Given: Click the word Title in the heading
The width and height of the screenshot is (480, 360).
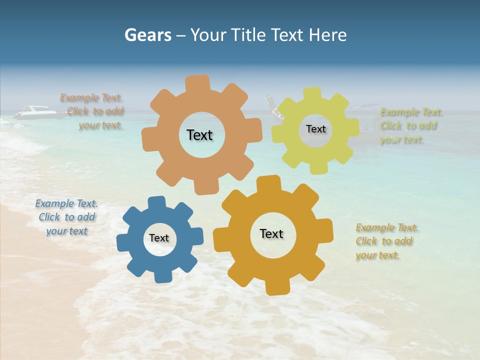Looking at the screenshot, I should tap(249, 35).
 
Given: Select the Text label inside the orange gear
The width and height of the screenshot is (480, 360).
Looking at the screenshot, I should tap(199, 135).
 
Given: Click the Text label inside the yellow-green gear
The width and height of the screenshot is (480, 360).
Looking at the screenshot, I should tap(315, 129).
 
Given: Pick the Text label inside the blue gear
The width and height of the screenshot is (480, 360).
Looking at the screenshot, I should tap(159, 238).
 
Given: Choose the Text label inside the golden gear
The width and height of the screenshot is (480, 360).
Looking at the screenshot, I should tap(271, 233).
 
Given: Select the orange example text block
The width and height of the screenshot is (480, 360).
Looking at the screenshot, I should tap(93, 111).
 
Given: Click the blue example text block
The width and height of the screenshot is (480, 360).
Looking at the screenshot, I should tap(66, 217).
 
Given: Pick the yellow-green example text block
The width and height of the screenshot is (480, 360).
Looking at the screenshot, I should tap(410, 125).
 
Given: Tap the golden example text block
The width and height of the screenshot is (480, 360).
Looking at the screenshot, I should tap(386, 241).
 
